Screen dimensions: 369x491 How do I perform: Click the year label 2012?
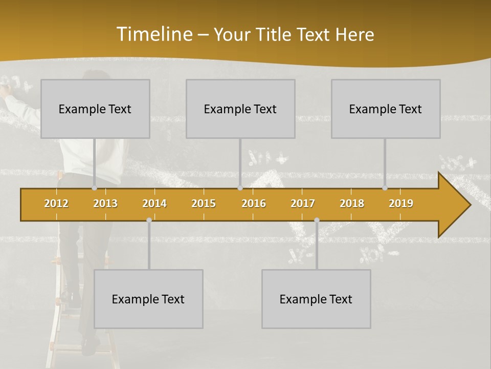56,203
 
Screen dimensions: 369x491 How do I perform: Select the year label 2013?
105,203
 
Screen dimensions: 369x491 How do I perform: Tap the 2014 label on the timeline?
154,203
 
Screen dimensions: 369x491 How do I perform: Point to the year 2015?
204,203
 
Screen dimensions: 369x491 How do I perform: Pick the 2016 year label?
254,203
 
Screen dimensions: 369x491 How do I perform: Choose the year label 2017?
303,203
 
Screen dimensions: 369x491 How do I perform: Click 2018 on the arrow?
352,203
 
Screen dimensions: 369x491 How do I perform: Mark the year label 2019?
401,203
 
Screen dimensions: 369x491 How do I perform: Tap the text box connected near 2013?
95,109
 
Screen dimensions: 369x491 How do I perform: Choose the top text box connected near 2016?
240,109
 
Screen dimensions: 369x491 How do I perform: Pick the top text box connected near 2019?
386,109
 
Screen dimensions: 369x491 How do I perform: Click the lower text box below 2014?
148,299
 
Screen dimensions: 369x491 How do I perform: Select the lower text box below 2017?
316,299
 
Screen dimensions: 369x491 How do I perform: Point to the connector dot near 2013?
95,188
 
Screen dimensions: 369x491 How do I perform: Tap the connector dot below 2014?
149,220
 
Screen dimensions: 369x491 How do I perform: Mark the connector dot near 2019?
385,188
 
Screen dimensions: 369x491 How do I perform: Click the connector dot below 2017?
317,220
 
